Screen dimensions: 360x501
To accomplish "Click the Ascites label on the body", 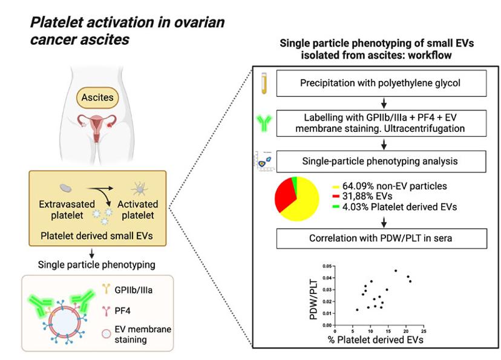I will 98,96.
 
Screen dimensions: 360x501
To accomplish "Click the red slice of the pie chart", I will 285,195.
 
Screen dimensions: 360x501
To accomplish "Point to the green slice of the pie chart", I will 294,181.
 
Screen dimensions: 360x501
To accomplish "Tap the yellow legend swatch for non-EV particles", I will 335,186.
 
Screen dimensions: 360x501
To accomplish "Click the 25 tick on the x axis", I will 423,331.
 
